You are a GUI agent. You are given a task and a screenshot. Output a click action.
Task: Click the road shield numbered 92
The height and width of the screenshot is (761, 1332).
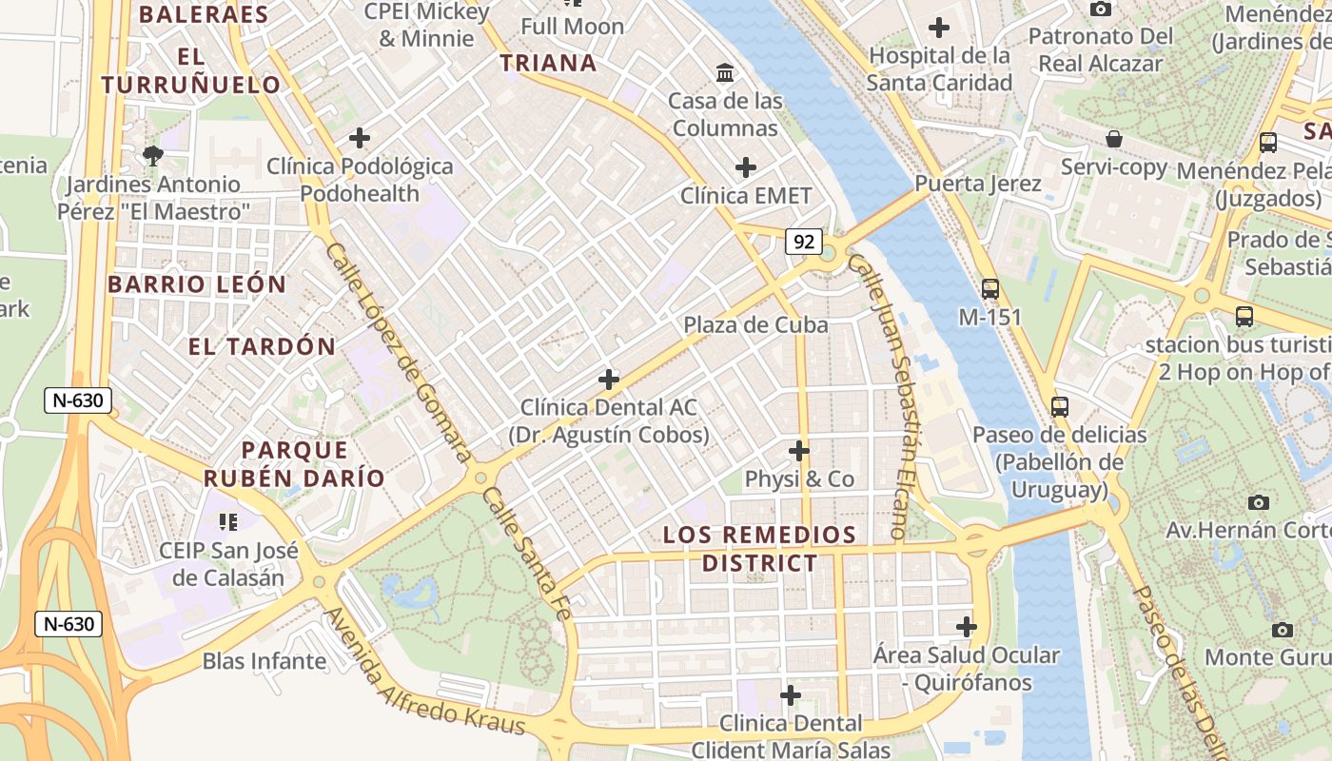804,242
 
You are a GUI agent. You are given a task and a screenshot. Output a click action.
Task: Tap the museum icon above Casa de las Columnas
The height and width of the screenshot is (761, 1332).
725,72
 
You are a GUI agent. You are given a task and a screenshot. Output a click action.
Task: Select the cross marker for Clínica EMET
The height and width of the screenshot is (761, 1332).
746,168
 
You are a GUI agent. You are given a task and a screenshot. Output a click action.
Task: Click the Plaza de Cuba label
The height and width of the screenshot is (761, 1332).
755,325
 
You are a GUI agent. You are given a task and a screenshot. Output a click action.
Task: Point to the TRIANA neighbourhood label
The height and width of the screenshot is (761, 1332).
549,64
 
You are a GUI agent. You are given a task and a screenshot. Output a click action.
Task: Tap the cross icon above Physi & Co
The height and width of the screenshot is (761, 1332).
799,451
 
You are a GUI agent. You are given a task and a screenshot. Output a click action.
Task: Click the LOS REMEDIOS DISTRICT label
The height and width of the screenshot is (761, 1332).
759,549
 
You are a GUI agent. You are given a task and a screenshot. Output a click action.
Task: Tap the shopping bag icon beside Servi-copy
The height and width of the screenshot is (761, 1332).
1114,140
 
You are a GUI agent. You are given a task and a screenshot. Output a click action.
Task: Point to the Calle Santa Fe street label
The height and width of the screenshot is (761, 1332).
526,555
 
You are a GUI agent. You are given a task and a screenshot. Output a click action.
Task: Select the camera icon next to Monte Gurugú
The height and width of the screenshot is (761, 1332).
1282,630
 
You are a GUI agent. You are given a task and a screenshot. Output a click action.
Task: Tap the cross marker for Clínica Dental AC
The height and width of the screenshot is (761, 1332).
609,380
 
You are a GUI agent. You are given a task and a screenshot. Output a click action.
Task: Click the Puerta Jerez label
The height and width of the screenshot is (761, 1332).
978,184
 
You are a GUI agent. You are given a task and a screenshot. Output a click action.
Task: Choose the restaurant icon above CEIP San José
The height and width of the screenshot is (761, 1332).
227,521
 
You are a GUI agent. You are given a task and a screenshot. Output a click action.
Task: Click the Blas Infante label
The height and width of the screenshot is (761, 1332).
264,661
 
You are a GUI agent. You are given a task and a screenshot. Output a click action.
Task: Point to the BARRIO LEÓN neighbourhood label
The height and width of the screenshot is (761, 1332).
197,284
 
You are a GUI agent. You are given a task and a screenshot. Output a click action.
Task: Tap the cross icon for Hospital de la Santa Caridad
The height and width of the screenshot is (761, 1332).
939,28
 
